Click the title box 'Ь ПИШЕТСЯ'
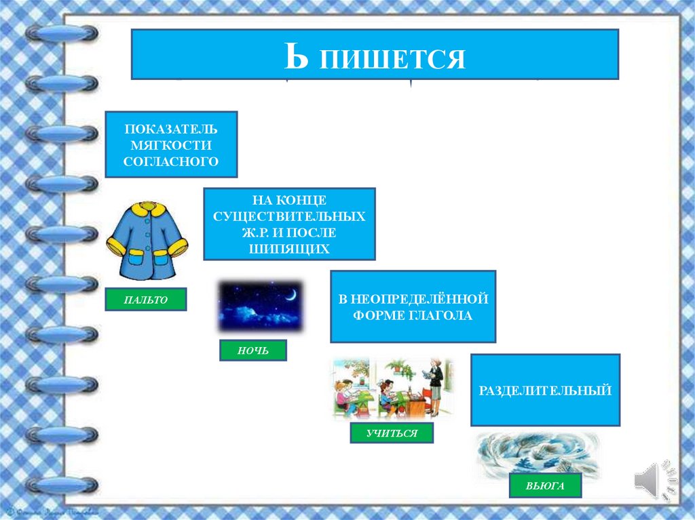(x=374, y=55)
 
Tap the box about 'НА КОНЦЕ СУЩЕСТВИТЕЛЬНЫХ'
(x=289, y=224)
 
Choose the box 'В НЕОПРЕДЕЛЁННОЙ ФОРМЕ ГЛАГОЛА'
(x=413, y=306)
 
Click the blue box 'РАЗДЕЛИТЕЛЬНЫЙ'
(x=545, y=390)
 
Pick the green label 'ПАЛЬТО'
(x=145, y=299)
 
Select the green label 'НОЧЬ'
(x=252, y=350)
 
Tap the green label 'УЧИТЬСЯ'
(x=392, y=433)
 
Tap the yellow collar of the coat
(x=147, y=209)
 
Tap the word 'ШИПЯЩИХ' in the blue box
(x=289, y=249)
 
